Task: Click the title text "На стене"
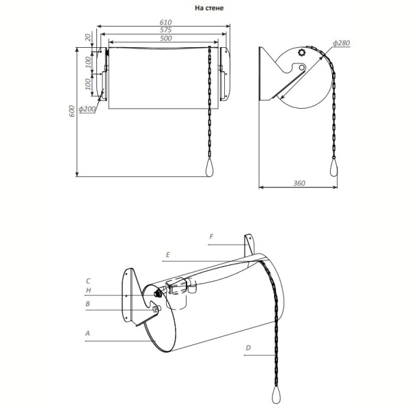coord(209,8)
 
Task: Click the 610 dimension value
coord(166,23)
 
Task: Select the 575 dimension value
coord(166,30)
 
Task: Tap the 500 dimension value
coord(166,38)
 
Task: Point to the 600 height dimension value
coord(72,111)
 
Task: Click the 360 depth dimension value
coord(299,183)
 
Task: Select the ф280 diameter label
coord(341,43)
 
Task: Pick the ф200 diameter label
coord(87,109)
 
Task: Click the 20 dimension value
coord(89,38)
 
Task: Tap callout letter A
coord(87,333)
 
